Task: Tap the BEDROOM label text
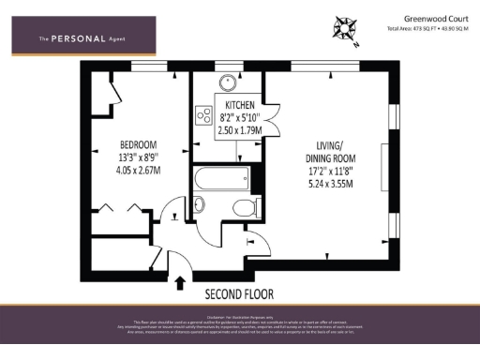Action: tap(137, 144)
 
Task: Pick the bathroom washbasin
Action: tap(198, 205)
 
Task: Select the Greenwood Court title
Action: tap(436, 17)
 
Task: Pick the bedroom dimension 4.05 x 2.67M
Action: tap(137, 171)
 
